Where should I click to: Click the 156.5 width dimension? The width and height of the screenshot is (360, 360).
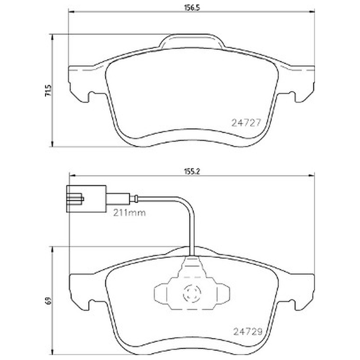pyautogui.click(x=192, y=8)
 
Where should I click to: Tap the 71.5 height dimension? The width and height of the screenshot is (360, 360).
pyautogui.click(x=49, y=90)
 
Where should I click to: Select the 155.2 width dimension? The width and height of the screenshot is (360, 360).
pyautogui.click(x=192, y=171)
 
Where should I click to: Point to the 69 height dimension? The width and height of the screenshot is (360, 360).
pyautogui.click(x=49, y=301)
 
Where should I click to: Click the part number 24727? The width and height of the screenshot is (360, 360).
pyautogui.click(x=246, y=123)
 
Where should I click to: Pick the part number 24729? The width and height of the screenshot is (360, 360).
pyautogui.click(x=248, y=332)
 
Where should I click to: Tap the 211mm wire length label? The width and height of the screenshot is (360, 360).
pyautogui.click(x=130, y=213)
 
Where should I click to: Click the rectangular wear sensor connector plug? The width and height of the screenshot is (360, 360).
pyautogui.click(x=86, y=199)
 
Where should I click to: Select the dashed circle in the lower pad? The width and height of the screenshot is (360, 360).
pyautogui.click(x=192, y=293)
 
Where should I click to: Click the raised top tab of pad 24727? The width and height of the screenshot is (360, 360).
pyautogui.click(x=192, y=41)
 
